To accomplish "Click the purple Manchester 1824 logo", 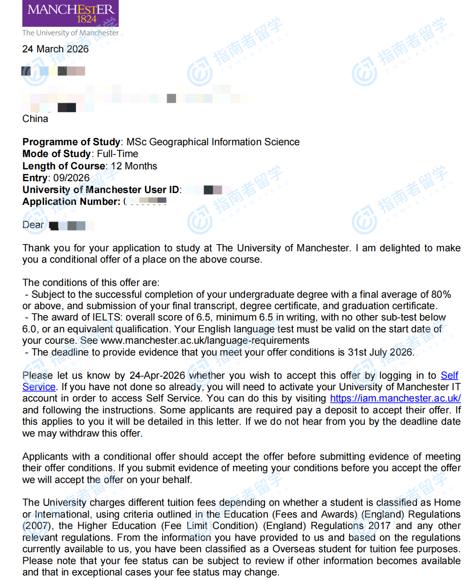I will (70, 13).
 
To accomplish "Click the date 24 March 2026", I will (55, 49).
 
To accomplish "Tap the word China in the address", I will (35, 119).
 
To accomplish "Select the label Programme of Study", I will (71, 142).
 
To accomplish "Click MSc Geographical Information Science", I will (213, 142).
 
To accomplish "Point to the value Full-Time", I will (117, 154).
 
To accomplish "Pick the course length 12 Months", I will (134, 166).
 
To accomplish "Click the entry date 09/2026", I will (71, 178).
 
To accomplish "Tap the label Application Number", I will (71, 202).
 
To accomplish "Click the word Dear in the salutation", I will (33, 225).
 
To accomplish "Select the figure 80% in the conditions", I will (441, 295).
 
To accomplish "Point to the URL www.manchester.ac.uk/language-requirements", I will (205, 341).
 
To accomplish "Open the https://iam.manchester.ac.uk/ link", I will (395, 398).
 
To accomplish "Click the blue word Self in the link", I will (449, 376).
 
